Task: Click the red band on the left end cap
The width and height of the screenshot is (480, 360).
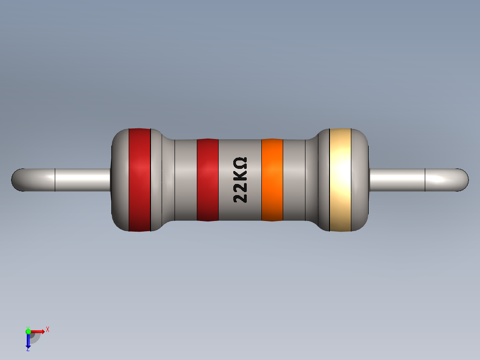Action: pyautogui.click(x=139, y=180)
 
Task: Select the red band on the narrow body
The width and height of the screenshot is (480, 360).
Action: pyautogui.click(x=207, y=180)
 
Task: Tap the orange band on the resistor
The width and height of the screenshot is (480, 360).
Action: pyautogui.click(x=272, y=180)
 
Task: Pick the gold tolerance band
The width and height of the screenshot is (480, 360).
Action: pyautogui.click(x=340, y=180)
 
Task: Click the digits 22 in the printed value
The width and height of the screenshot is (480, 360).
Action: pyautogui.click(x=240, y=193)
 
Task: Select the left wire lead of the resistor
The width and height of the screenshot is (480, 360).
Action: pyautogui.click(x=67, y=180)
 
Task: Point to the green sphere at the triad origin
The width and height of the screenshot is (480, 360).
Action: pyautogui.click(x=28, y=331)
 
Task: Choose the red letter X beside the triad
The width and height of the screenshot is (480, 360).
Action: pyautogui.click(x=47, y=329)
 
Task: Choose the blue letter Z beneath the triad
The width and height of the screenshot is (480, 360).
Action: pyautogui.click(x=28, y=350)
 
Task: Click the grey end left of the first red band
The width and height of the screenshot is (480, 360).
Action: pyautogui.click(x=119, y=180)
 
